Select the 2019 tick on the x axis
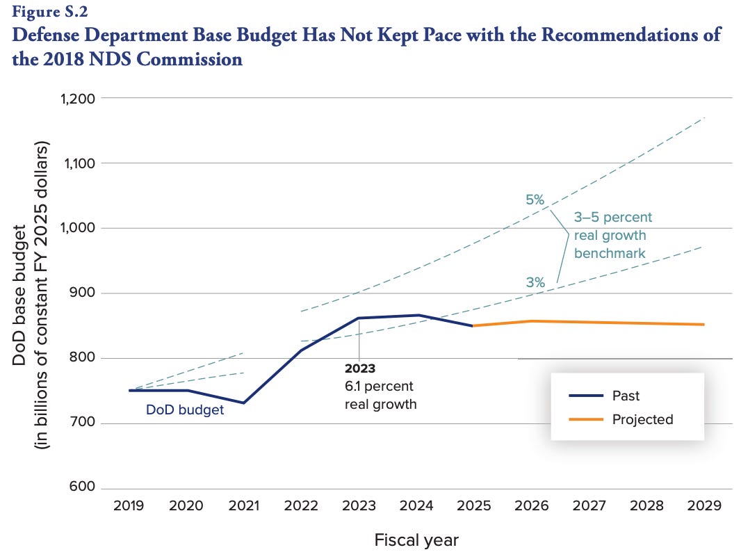click(x=129, y=505)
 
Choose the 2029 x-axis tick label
click(x=704, y=505)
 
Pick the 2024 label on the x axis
click(x=416, y=505)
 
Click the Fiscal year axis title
click(x=416, y=540)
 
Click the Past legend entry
click(x=626, y=396)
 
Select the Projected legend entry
click(x=642, y=419)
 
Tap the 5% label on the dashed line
click(x=535, y=201)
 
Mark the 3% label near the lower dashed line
click(x=535, y=282)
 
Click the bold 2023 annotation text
click(x=359, y=369)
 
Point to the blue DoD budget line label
click(x=185, y=410)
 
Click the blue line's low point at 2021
click(x=244, y=403)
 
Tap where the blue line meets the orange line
click(x=473, y=325)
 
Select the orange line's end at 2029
click(x=703, y=324)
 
